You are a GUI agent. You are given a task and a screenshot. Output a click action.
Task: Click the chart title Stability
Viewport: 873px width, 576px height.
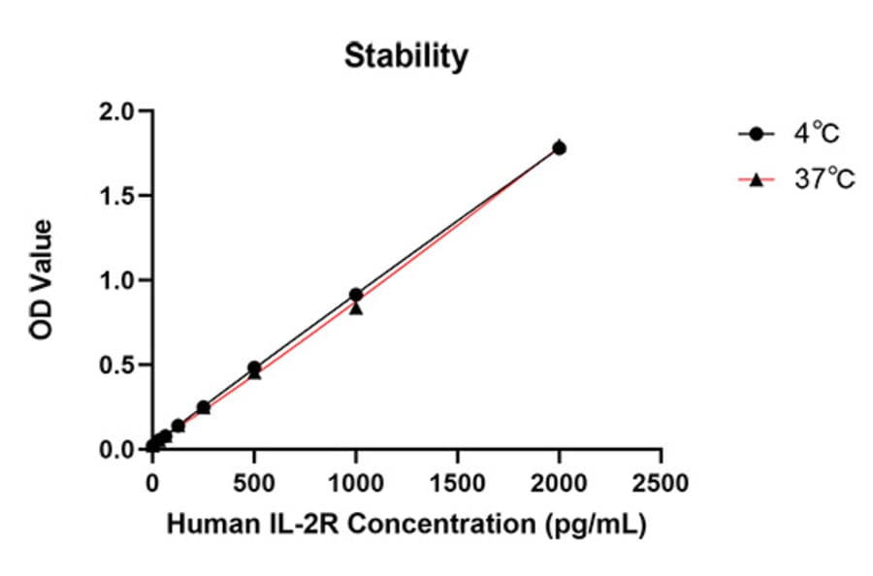pyautogui.click(x=406, y=57)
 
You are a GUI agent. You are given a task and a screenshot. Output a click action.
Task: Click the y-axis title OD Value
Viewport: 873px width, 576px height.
pyautogui.click(x=42, y=280)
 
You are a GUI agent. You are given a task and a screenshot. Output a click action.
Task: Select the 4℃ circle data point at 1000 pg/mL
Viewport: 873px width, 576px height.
pyautogui.click(x=356, y=295)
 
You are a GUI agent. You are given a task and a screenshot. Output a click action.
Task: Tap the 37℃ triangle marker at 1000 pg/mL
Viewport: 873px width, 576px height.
pyautogui.click(x=356, y=308)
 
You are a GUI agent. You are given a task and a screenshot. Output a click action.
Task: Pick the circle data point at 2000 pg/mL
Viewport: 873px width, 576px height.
pyautogui.click(x=560, y=148)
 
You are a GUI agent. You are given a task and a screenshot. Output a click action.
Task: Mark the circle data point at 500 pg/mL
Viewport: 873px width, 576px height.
pyautogui.click(x=254, y=368)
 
